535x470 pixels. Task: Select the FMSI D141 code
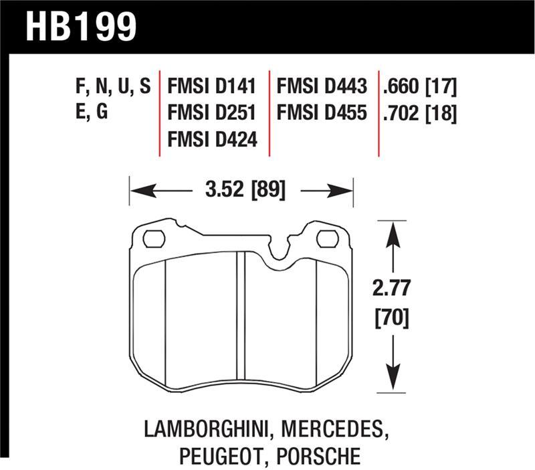(x=212, y=87)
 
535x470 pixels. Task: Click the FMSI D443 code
(x=322, y=87)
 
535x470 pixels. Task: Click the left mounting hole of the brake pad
(x=154, y=238)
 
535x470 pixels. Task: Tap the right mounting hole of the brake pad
(x=326, y=238)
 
